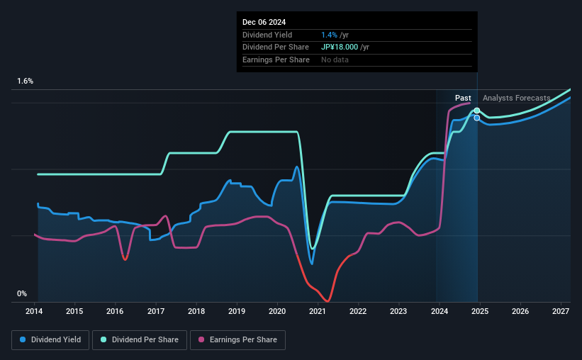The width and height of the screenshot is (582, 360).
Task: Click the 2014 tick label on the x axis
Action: pos(35,311)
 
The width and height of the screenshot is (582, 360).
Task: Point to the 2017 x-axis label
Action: pos(156,311)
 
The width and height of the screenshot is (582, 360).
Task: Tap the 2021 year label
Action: pos(318,311)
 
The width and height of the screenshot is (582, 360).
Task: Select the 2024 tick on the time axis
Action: pos(439,311)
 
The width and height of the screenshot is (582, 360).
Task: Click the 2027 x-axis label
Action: pos(560,311)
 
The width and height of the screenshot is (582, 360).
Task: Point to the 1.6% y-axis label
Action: pos(26,81)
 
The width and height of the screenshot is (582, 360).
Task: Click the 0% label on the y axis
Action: pos(22,293)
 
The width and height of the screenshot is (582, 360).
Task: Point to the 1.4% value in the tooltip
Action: pos(330,35)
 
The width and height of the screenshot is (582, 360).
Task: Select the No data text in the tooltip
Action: pos(335,60)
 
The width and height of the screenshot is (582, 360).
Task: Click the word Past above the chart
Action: pos(463,98)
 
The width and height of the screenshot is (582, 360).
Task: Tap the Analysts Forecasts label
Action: pos(516,98)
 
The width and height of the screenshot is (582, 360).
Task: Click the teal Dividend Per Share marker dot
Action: pos(477,111)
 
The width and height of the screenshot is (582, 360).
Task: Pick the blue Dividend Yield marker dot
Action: pos(477,118)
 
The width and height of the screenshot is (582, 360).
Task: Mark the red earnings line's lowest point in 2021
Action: pos(327,301)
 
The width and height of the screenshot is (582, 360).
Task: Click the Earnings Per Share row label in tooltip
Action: pos(276,60)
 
